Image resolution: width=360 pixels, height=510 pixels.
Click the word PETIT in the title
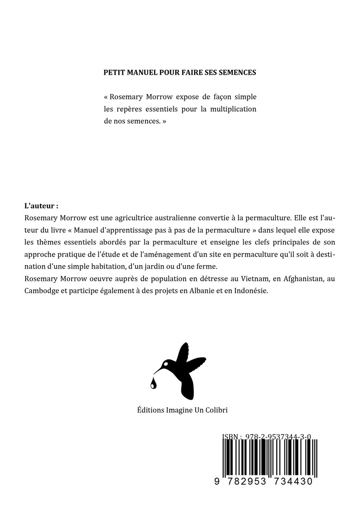113,72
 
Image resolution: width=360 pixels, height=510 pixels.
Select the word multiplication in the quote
230,109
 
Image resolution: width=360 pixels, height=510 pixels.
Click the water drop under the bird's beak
154,383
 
